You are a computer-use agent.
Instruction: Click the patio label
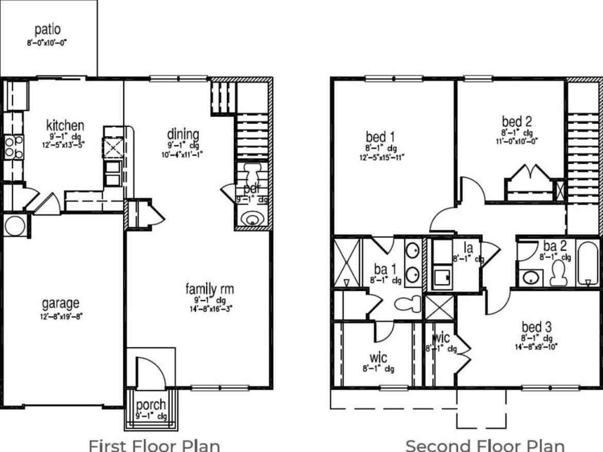(x=47, y=29)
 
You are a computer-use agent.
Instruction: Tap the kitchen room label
(x=65, y=125)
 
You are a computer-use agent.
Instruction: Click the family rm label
(x=210, y=289)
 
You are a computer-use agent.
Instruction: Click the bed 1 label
(x=380, y=137)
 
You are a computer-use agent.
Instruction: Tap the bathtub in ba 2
(x=587, y=264)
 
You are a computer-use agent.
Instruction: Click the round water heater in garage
(x=14, y=225)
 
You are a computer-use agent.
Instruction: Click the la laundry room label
(x=468, y=248)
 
